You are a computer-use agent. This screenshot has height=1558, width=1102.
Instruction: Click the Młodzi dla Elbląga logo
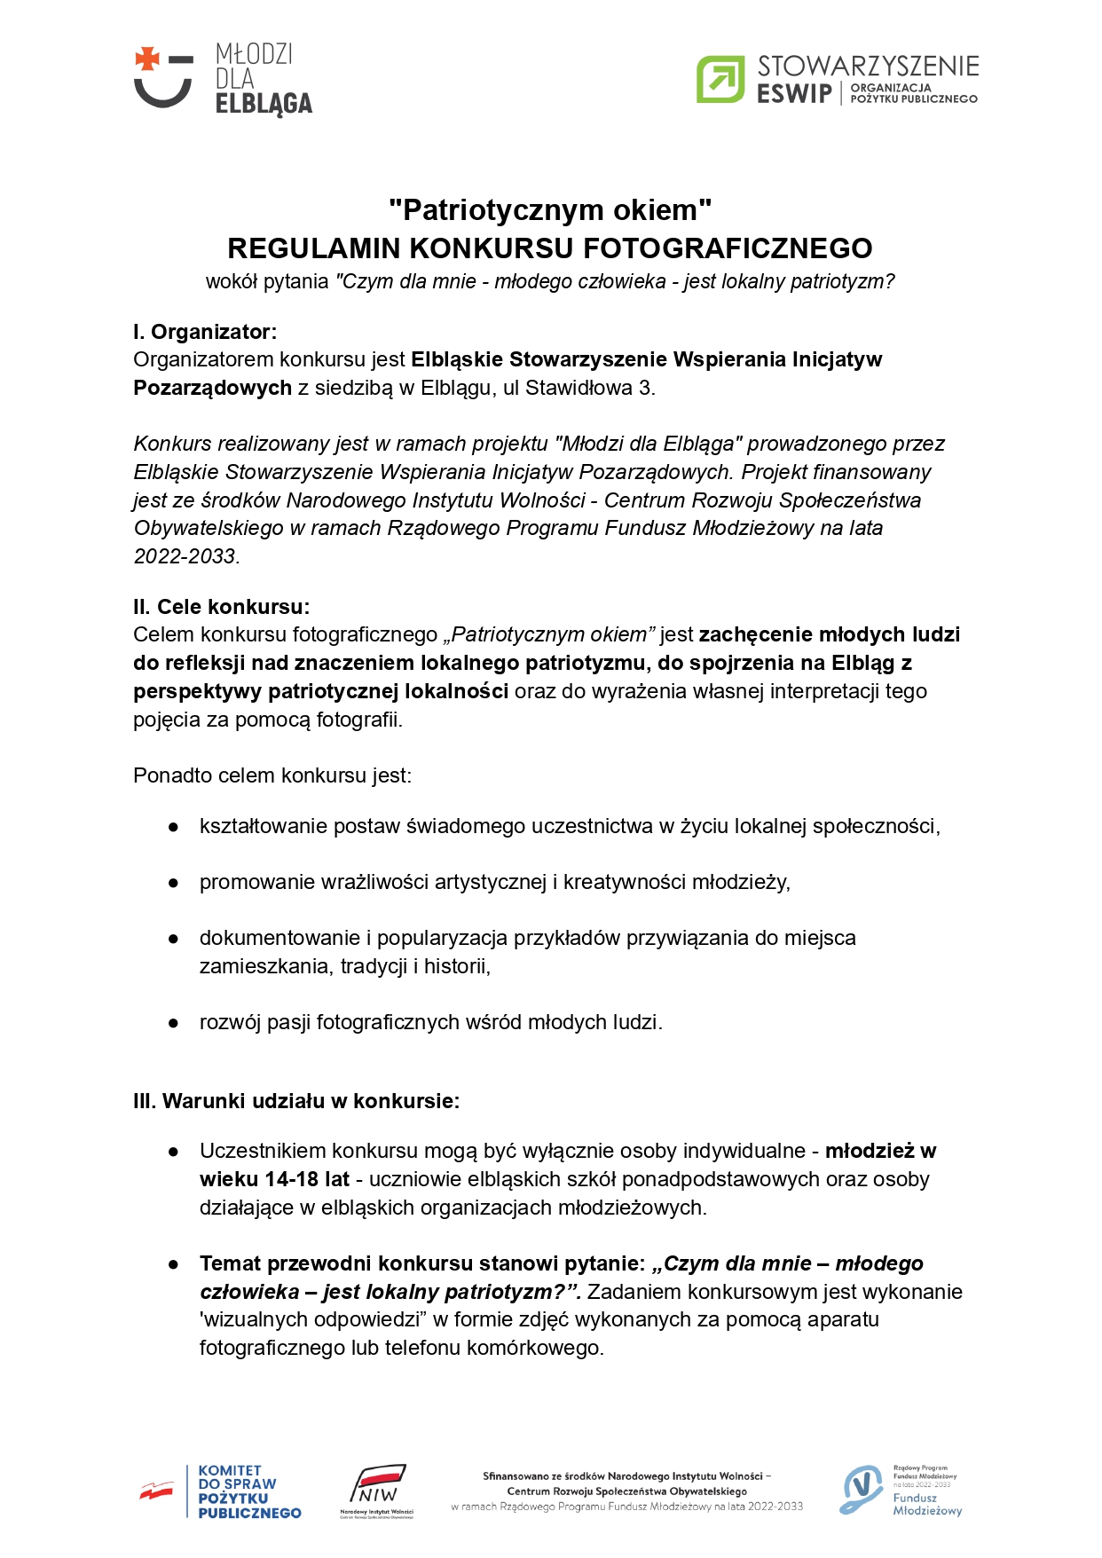pyautogui.click(x=223, y=79)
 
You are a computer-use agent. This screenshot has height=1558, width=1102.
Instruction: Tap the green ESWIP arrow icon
pyautogui.click(x=720, y=79)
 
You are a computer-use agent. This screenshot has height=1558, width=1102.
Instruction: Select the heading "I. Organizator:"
pyautogui.click(x=205, y=332)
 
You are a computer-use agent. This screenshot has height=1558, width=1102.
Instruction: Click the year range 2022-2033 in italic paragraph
pyautogui.click(x=185, y=556)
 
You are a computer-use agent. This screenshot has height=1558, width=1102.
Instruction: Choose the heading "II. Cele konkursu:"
pyautogui.click(x=221, y=607)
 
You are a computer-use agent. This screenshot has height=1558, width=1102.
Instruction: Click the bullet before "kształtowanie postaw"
pyautogui.click(x=174, y=827)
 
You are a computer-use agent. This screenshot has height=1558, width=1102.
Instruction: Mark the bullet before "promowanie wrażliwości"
pyautogui.click(x=174, y=883)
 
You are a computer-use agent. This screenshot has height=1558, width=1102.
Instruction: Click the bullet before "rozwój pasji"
pyautogui.click(x=174, y=1023)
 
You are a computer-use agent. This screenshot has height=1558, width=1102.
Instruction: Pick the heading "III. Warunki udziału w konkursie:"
pyautogui.click(x=296, y=1101)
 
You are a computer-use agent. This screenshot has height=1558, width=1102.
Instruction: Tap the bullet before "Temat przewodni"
pyautogui.click(x=174, y=1264)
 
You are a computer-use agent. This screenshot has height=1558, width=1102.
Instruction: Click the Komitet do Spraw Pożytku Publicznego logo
pyautogui.click(x=221, y=1491)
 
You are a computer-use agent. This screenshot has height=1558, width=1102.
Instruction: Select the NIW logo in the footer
pyautogui.click(x=377, y=1491)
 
